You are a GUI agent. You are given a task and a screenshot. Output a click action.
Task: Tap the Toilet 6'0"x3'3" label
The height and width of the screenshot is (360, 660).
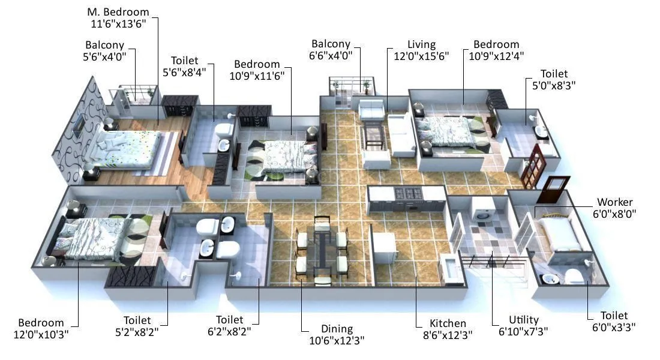click(614, 321)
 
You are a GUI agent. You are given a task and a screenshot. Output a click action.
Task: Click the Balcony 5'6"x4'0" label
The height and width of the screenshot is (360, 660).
click(105, 51)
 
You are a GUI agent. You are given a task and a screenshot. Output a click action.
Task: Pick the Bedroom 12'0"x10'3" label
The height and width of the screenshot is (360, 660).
click(41, 328)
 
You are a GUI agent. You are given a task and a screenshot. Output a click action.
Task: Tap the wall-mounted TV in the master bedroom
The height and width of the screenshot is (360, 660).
click(80, 125)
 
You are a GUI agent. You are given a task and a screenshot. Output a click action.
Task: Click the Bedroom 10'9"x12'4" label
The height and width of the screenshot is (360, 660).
click(496, 51)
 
